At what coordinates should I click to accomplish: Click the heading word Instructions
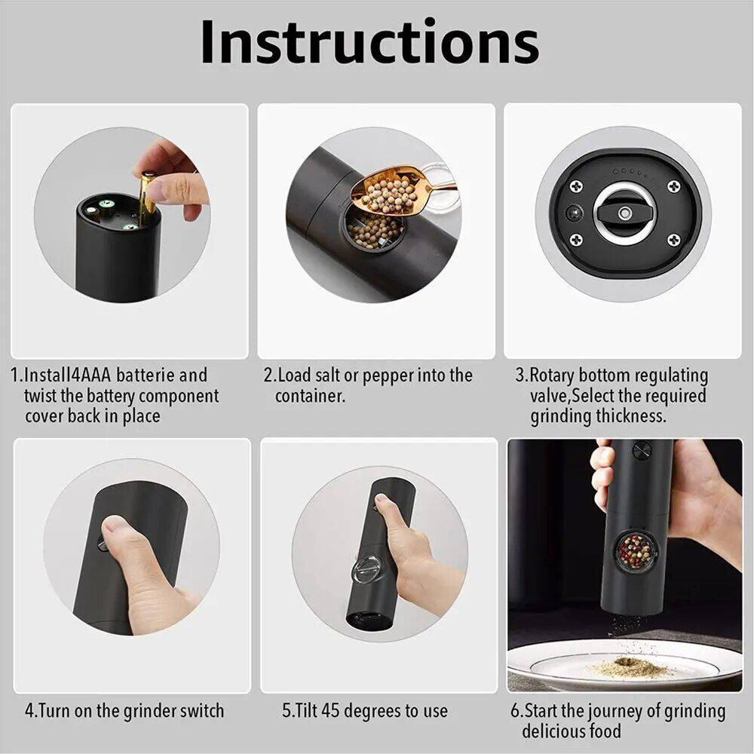pyautogui.click(x=369, y=43)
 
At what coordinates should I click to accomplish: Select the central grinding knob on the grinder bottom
pyautogui.click(x=624, y=213)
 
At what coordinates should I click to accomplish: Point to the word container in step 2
pyautogui.click(x=310, y=396)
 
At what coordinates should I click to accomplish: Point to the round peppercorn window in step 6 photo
pyautogui.click(x=635, y=551)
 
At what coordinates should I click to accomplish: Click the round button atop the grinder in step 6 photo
pyautogui.click(x=641, y=450)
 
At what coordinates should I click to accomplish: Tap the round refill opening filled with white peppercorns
pyautogui.click(x=375, y=227)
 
